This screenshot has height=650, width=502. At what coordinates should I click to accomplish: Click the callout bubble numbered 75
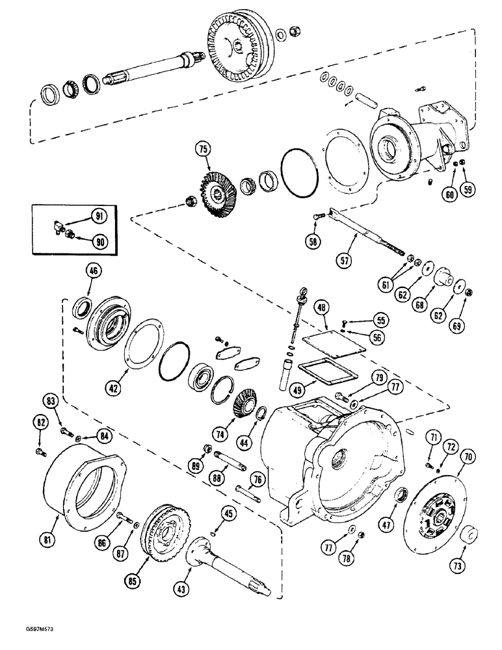[204, 149]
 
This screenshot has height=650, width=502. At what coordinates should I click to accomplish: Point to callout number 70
[465, 458]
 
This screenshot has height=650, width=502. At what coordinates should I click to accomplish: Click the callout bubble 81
[50, 538]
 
